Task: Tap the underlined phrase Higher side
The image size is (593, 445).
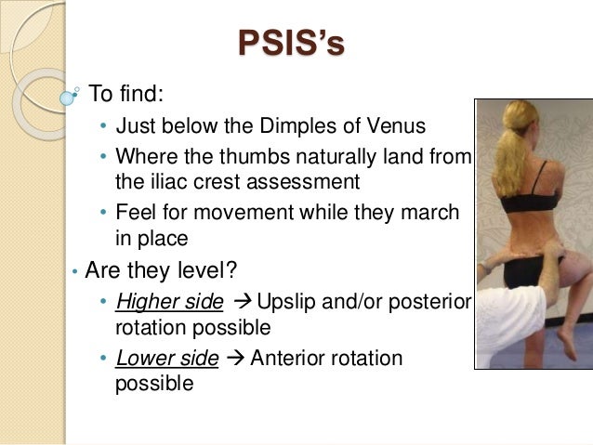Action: point(169,302)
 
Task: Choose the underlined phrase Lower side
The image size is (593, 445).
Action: point(167,358)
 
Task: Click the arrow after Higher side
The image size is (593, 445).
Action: point(241,302)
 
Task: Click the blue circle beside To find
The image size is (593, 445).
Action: point(66,96)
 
